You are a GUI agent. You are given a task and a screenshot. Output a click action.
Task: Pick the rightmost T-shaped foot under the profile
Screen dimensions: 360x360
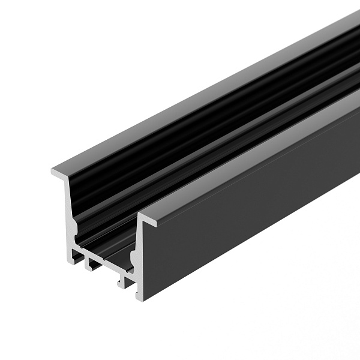point(124,282)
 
